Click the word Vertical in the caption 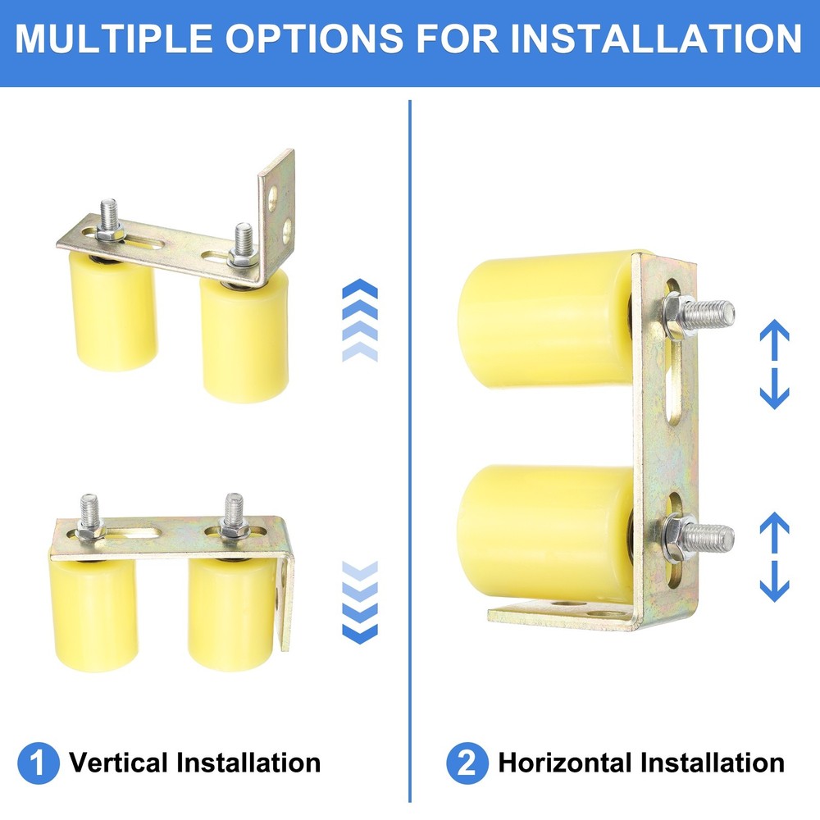click(119, 763)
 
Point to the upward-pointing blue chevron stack click(359, 320)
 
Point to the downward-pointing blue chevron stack click(359, 602)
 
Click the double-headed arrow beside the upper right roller click(774, 365)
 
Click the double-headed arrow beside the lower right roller click(774, 557)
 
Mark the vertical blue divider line click(409, 451)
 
